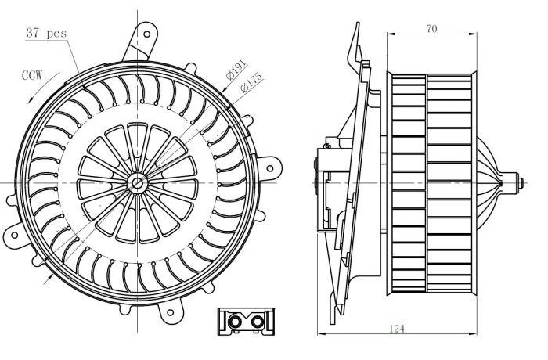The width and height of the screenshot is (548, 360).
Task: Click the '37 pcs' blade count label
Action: coord(46,33)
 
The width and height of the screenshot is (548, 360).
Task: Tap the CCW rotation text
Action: coord(32,75)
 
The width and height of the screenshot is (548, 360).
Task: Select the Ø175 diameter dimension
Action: coord(251,82)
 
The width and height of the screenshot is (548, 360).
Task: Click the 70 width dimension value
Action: coord(431,29)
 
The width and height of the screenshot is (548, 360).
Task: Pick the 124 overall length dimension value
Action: coord(397,329)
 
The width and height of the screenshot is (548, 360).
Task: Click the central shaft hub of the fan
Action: coord(137,182)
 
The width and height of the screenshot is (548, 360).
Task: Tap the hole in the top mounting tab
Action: coord(147,34)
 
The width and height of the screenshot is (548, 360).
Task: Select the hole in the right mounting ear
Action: coord(270,168)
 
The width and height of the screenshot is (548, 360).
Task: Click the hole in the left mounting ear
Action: coord(14,235)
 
